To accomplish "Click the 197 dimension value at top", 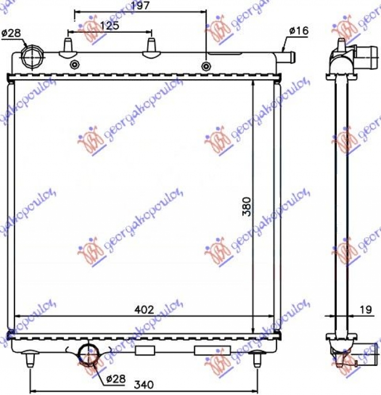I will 140,6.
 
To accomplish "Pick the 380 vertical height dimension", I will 245,206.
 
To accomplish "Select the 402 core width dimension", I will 144,309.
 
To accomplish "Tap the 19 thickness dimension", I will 366,310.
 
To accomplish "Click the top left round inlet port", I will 31,57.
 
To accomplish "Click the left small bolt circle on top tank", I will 74,65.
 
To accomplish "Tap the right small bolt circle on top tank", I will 206,66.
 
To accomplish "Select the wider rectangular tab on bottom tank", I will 209,351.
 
